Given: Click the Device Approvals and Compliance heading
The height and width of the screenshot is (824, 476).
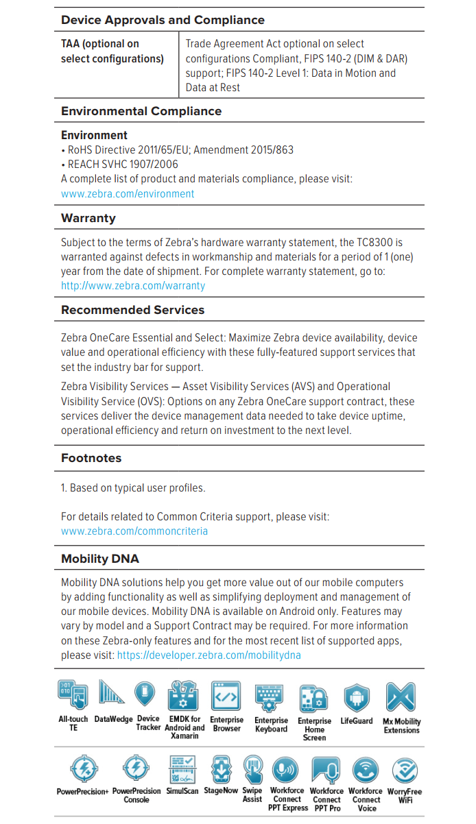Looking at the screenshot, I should tap(163, 20).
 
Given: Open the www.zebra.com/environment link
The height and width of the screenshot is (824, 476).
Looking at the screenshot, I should tap(128, 193).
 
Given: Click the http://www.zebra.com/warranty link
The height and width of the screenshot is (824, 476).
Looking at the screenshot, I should tap(133, 285).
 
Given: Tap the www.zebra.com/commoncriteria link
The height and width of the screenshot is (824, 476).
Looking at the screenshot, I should tap(134, 531).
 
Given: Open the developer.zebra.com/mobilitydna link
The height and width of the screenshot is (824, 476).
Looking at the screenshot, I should tap(209, 655).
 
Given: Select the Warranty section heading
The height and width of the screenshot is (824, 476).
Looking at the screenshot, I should tap(88, 218).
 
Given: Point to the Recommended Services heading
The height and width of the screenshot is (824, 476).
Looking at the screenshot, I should tap(133, 310).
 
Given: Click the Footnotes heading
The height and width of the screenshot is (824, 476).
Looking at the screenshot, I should tap(91, 458).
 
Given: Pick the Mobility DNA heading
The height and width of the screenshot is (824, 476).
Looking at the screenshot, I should tap(100, 559).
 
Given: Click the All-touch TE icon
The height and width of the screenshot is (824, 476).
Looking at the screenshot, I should tap(73, 696).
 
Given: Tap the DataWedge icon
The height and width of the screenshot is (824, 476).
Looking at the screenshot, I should tap(112, 694).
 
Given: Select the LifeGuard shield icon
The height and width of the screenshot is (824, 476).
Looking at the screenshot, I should tap(357, 696).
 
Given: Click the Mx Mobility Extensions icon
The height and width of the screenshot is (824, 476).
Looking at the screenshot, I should tap(401, 696).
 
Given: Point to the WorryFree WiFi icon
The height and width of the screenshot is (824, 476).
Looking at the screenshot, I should tap(405, 770).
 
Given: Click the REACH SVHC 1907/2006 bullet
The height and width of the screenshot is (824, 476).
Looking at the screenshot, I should tap(122, 164).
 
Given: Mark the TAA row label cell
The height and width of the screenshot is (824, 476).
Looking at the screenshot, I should tap(112, 51).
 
